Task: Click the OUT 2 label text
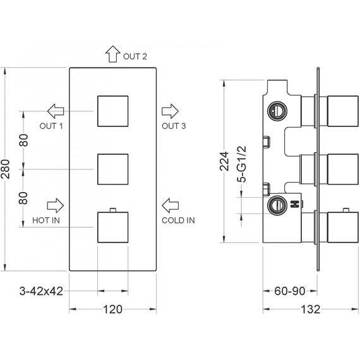pyautogui.click(x=135, y=56)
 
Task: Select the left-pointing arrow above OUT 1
pyautogui.click(x=56, y=111)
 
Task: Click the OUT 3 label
pyautogui.click(x=174, y=126)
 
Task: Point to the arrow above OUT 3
pyautogui.click(x=170, y=111)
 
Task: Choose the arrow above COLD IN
pyautogui.click(x=170, y=205)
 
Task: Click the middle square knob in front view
pyautogui.click(x=113, y=169)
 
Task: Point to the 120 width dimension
pyautogui.click(x=112, y=309)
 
